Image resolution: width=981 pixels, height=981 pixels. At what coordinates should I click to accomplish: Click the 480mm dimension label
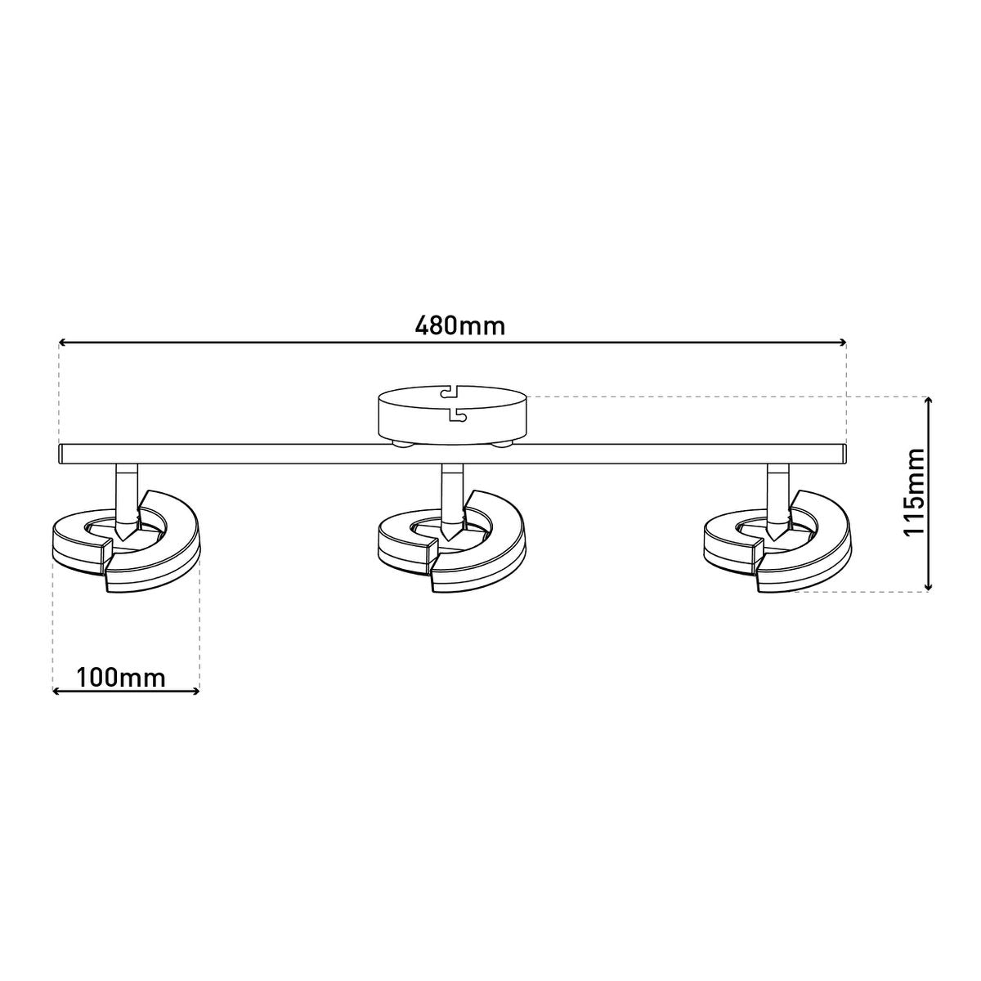click(460, 325)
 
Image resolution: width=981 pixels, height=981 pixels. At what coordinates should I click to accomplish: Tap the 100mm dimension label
click(121, 678)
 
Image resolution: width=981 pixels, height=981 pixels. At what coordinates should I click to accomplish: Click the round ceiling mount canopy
click(452, 417)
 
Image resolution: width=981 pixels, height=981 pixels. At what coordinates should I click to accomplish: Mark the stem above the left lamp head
click(126, 490)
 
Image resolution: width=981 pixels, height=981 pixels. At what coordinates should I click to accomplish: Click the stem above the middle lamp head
click(451, 490)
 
